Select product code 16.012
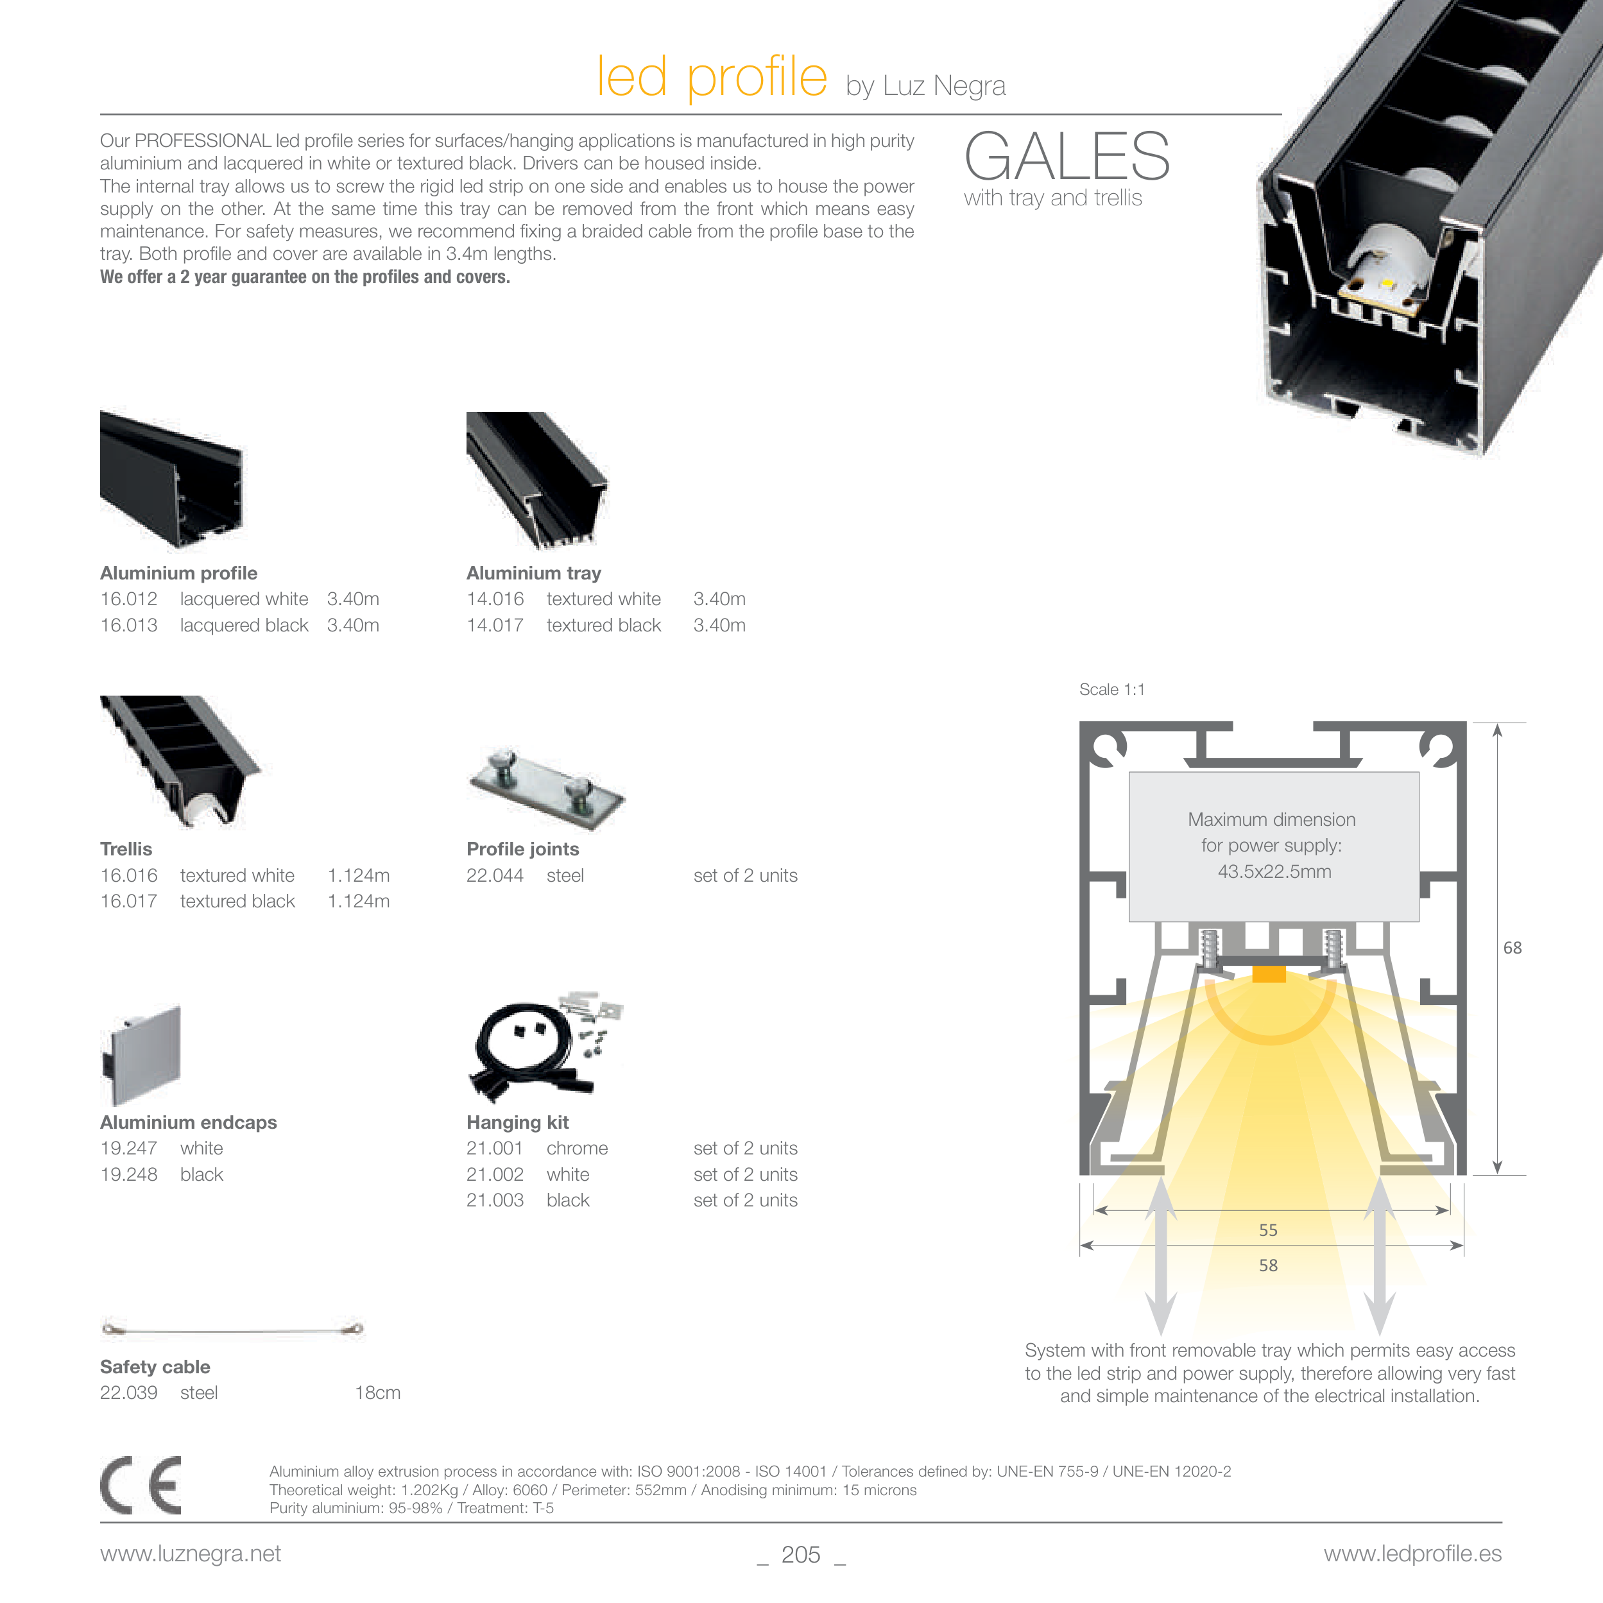coord(128,599)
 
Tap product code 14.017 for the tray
coord(495,626)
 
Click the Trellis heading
coord(126,849)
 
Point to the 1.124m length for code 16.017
coord(359,901)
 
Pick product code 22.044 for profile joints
coord(495,875)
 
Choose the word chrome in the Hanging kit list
coord(577,1148)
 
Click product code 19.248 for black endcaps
coord(128,1175)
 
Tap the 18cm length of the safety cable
coord(377,1393)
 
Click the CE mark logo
coord(141,1485)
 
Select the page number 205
coord(801,1555)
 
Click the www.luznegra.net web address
coord(190,1554)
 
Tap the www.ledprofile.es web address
coord(1412,1554)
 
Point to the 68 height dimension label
coord(1512,948)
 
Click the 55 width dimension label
coord(1268,1230)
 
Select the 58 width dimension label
coord(1268,1265)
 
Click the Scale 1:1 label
coord(1112,689)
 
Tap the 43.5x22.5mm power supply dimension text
coord(1274,871)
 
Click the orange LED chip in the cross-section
coord(1269,974)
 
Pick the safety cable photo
coord(232,1329)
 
